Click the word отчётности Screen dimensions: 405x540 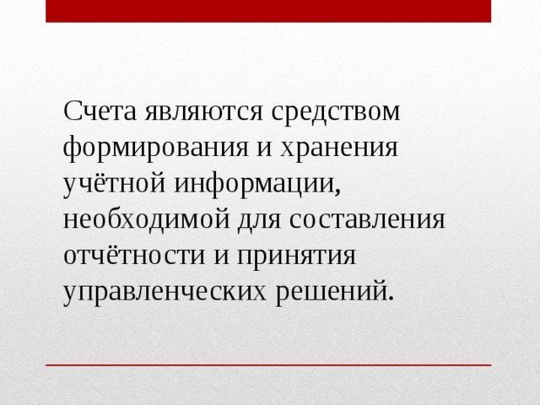127,256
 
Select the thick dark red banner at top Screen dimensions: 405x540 268,11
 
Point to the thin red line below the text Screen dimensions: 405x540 268,365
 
